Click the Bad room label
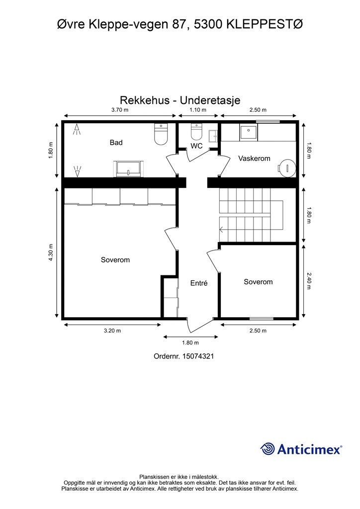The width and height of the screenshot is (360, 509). click(116, 143)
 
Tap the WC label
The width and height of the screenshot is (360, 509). click(196, 146)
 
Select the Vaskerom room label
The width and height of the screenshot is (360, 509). click(254, 159)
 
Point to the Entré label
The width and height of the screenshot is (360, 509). click(198, 283)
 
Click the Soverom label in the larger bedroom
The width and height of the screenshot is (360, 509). click(115, 260)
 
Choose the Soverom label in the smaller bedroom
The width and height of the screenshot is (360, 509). click(258, 282)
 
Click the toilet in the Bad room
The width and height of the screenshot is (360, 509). click(161, 134)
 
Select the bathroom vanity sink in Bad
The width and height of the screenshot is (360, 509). click(129, 169)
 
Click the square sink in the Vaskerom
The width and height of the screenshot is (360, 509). click(248, 133)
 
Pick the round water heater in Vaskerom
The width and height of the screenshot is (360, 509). click(286, 167)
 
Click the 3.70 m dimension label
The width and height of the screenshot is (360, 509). click(119, 110)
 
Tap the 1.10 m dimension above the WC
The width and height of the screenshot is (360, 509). click(197, 110)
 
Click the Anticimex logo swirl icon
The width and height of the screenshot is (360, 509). click(268, 449)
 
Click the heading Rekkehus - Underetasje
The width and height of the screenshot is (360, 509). click(180, 100)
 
